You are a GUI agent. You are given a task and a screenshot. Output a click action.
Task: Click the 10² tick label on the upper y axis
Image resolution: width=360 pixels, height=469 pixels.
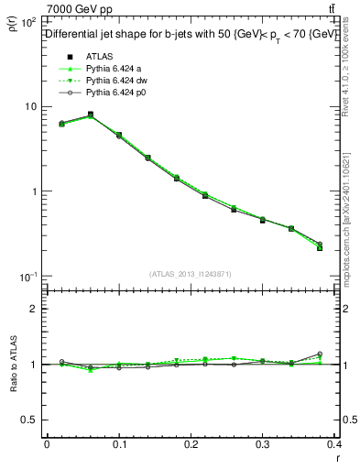coord(27,21)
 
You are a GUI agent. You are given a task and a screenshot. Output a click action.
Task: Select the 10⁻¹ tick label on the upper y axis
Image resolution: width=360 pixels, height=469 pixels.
coord(27,277)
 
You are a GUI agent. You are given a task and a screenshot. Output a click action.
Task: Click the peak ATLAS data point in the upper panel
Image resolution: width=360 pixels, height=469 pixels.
coord(90,115)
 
